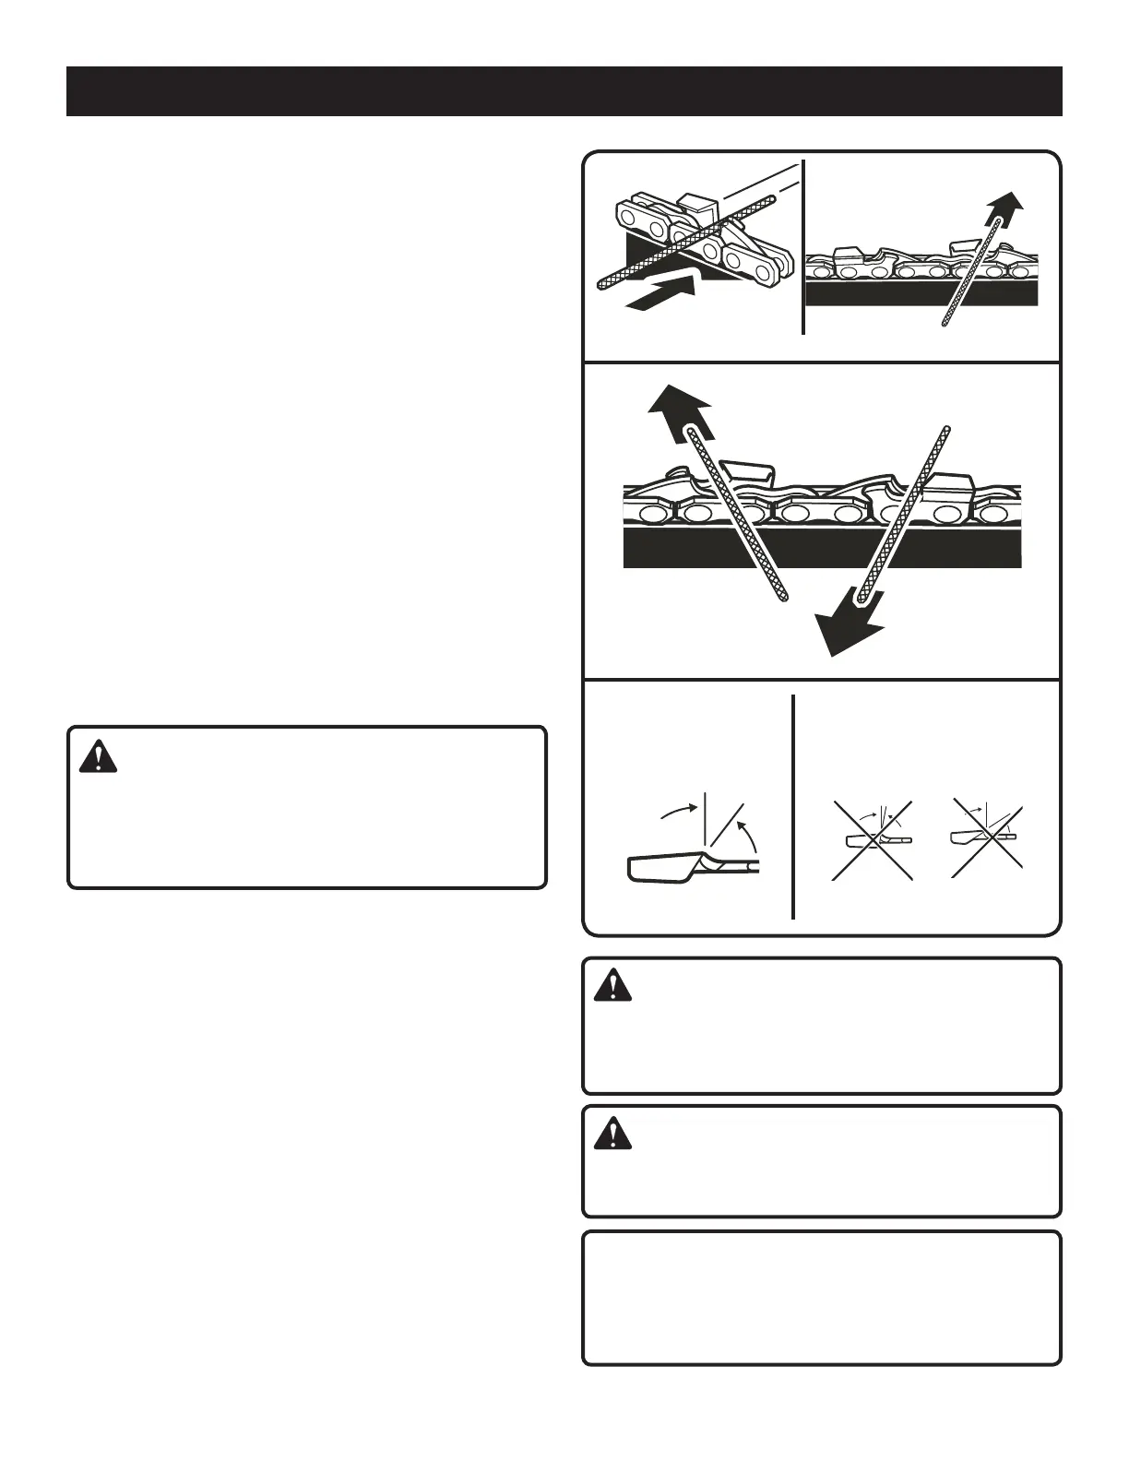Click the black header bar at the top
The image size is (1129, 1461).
(564, 91)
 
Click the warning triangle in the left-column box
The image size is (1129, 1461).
(99, 756)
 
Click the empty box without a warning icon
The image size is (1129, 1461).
(821, 1297)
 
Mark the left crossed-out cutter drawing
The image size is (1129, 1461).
(872, 839)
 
